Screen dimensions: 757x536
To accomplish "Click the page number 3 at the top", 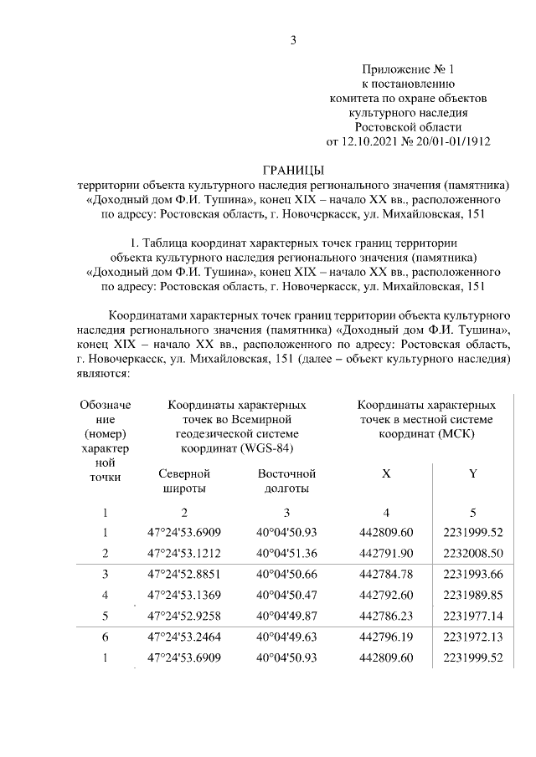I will pyautogui.click(x=293, y=39).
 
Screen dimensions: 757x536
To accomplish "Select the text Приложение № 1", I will pyautogui.click(x=407, y=69).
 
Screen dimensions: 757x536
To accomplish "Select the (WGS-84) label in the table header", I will pyautogui.click(x=264, y=447).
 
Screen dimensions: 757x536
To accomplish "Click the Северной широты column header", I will pyautogui.click(x=183, y=481).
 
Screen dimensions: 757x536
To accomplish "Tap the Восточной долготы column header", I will pyautogui.click(x=286, y=481).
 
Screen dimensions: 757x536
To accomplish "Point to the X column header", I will pyautogui.click(x=385, y=473).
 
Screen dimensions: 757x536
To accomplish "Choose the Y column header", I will pyautogui.click(x=473, y=473).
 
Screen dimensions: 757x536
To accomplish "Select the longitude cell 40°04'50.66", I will pyautogui.click(x=286, y=574).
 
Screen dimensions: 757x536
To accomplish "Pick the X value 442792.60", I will pyautogui.click(x=385, y=595).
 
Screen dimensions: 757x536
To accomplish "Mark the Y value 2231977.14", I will pyautogui.click(x=473, y=616).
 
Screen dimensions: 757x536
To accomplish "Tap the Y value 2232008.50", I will pyautogui.click(x=473, y=553).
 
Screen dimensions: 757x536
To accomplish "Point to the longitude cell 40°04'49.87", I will pyautogui.click(x=286, y=616).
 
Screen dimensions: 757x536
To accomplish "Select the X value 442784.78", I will pyautogui.click(x=385, y=574).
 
